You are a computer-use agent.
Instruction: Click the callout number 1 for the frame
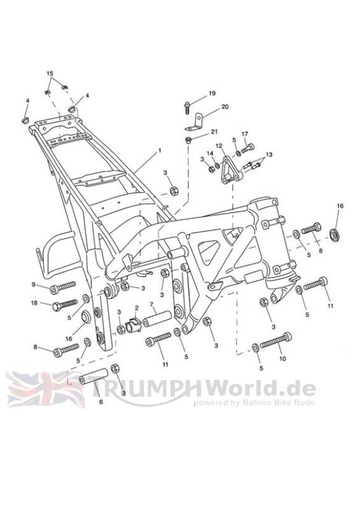coord(160,151)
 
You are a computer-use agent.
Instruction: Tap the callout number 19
coord(212,94)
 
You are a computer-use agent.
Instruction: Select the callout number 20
coord(225,106)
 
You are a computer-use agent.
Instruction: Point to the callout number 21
coord(214,132)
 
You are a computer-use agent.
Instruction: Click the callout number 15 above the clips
coord(50,73)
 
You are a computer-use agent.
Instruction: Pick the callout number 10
coord(282,359)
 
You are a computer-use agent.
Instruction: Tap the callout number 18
coord(34,303)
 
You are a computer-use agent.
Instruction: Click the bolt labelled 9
coord(63,287)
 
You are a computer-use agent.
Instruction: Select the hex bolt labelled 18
coord(65,305)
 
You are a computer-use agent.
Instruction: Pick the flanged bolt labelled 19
coord(188,108)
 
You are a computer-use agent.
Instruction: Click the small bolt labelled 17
coord(247,149)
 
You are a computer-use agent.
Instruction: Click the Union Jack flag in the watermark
coord(45,389)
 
